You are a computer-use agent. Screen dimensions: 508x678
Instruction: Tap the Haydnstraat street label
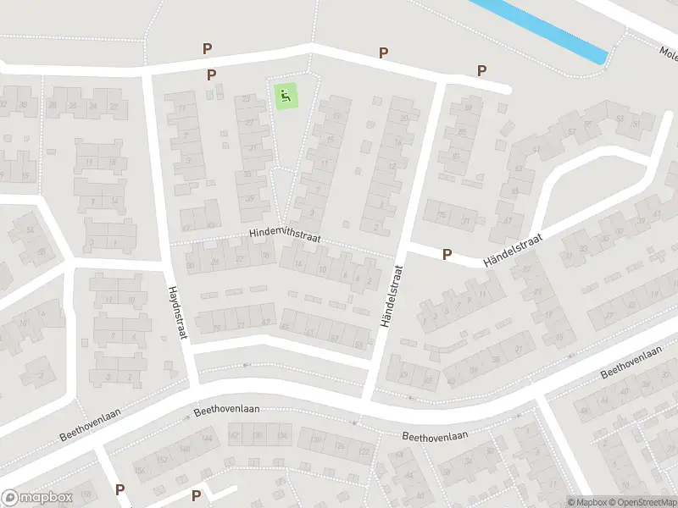click(x=176, y=312)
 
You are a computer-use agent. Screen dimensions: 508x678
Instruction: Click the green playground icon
click(x=286, y=96)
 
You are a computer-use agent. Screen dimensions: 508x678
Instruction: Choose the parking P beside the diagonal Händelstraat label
click(x=447, y=254)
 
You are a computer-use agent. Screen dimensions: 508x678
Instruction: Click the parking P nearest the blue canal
click(x=481, y=71)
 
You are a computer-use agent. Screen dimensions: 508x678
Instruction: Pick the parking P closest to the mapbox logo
click(x=119, y=489)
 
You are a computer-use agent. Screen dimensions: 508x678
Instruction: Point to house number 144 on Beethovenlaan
click(x=208, y=439)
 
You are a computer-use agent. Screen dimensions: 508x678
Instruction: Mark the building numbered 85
click(x=462, y=132)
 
